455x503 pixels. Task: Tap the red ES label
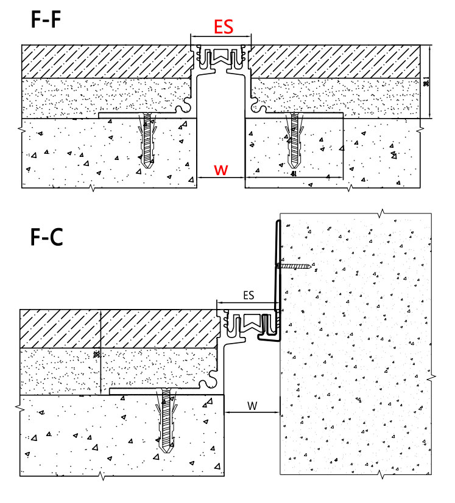[x=222, y=27]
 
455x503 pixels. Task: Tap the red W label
[x=222, y=170]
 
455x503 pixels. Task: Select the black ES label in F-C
[x=249, y=295]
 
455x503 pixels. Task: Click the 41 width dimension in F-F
[x=294, y=175]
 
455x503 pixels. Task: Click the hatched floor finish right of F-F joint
[x=335, y=61]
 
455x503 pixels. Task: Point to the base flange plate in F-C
[x=164, y=392]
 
